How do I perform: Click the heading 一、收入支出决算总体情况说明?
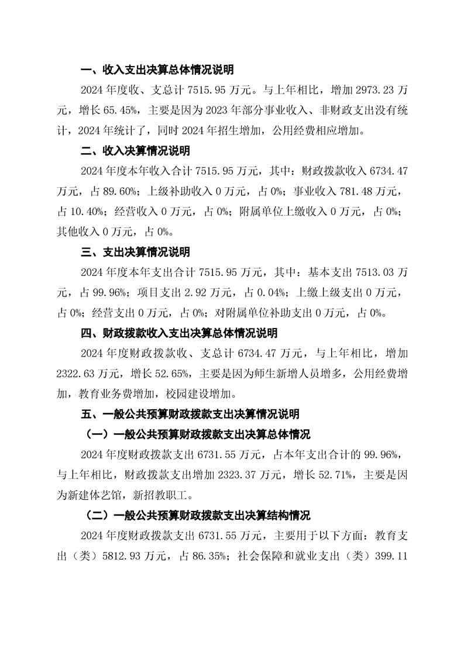[x=157, y=71]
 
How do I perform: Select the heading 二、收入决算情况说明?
[x=135, y=151]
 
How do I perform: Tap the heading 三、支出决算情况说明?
[x=135, y=253]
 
